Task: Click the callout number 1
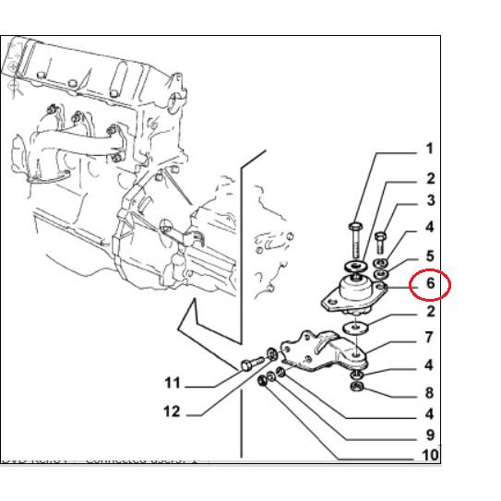pyautogui.click(x=428, y=149)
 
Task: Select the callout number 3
pyautogui.click(x=430, y=200)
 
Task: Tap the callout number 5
pyautogui.click(x=430, y=256)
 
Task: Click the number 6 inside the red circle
pyautogui.click(x=430, y=284)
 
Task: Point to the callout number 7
pyautogui.click(x=429, y=338)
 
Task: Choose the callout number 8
pyautogui.click(x=429, y=393)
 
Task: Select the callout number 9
pyautogui.click(x=430, y=435)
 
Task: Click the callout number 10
pyautogui.click(x=430, y=455)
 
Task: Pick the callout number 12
pyautogui.click(x=172, y=412)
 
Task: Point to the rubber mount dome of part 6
pyautogui.click(x=356, y=291)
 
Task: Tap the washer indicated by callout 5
pyautogui.click(x=382, y=275)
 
